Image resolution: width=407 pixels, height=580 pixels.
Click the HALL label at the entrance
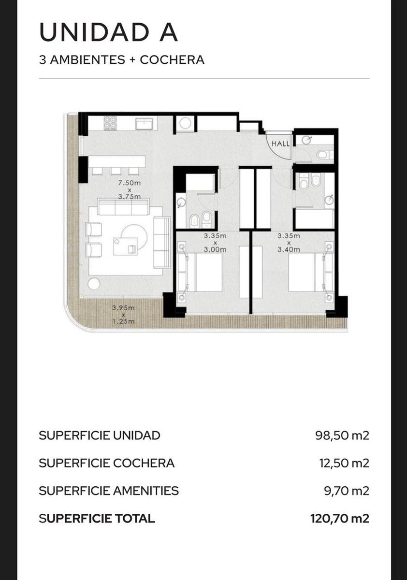[x=280, y=144]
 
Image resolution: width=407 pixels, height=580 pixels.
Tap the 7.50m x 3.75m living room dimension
[x=130, y=189]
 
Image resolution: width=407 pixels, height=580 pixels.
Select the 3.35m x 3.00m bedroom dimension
[x=215, y=243]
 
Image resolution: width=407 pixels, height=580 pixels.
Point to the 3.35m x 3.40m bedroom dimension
[x=289, y=243]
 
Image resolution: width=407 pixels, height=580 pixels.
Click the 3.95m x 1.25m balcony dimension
[x=123, y=315]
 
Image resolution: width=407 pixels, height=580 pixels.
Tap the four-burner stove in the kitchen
[x=110, y=123]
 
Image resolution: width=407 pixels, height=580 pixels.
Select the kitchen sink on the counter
[x=146, y=124]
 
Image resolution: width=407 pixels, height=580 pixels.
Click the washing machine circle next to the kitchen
[x=186, y=123]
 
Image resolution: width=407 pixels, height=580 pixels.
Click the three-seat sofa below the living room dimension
[x=123, y=207]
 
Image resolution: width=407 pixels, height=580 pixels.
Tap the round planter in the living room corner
[x=94, y=284]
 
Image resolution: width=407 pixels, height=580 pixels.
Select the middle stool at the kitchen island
[x=116, y=171]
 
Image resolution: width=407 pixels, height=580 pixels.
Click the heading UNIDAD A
[x=108, y=33]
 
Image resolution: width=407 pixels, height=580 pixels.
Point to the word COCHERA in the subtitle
[x=172, y=60]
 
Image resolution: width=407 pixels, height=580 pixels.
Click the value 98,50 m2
[x=342, y=435]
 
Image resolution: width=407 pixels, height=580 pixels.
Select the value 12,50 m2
[x=344, y=463]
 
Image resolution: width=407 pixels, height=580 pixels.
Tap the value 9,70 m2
[x=347, y=491]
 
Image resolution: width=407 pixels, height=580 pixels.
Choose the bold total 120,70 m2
[x=340, y=518]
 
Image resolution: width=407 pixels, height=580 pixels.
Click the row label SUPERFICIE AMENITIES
[x=109, y=491]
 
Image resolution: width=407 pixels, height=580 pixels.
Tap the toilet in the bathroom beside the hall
[x=324, y=155]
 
